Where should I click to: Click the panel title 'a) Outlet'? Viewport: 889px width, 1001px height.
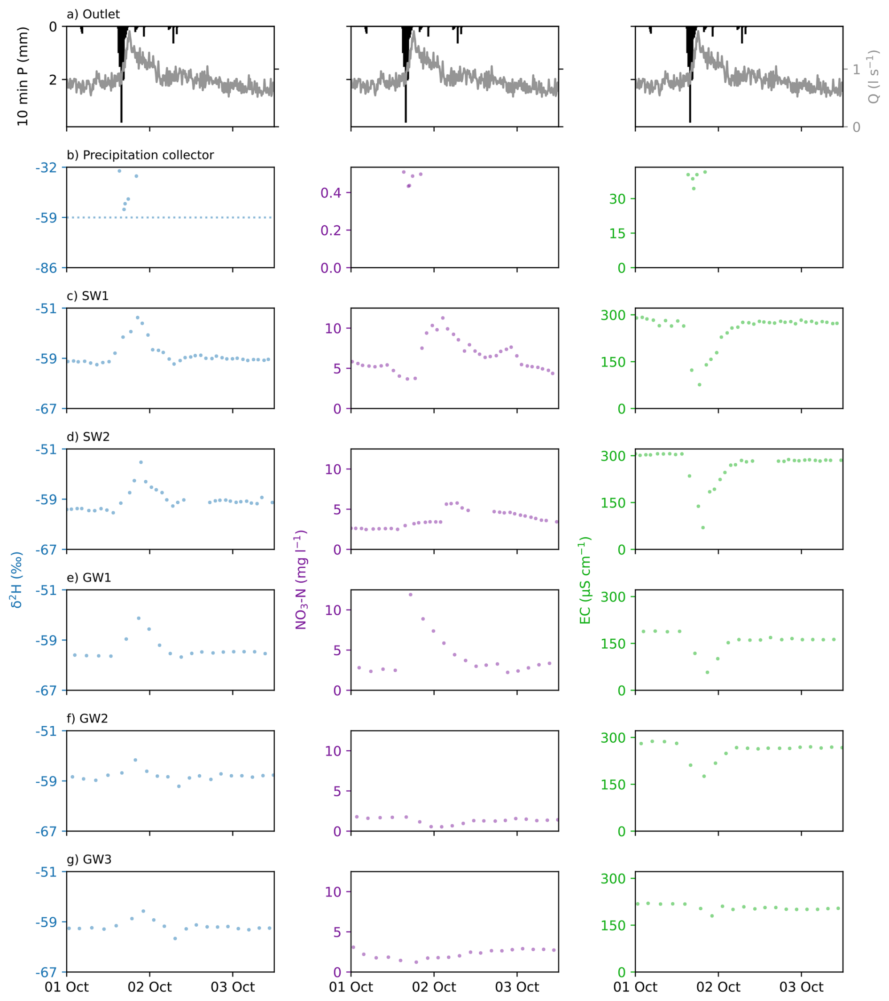[x=93, y=14]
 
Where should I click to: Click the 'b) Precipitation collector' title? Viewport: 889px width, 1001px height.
[x=140, y=155]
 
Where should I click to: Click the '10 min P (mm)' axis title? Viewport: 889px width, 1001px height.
[x=23, y=76]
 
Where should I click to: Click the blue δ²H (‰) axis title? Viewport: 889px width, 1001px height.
[x=16, y=580]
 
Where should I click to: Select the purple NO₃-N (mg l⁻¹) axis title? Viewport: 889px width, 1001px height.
[x=301, y=580]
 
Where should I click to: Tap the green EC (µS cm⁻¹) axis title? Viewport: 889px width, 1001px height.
[x=585, y=580]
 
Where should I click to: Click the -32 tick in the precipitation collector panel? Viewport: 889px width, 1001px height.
[x=46, y=168]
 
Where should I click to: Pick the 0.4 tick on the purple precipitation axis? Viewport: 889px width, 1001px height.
[x=331, y=193]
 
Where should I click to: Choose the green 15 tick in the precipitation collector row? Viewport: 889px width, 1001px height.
[x=617, y=234]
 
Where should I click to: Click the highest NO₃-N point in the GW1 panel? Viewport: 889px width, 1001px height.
[x=411, y=595]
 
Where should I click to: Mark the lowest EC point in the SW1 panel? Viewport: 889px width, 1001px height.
[x=700, y=384]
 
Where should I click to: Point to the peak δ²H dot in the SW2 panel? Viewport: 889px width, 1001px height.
[x=141, y=462]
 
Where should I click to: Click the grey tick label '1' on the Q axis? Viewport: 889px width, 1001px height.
[x=856, y=70]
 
